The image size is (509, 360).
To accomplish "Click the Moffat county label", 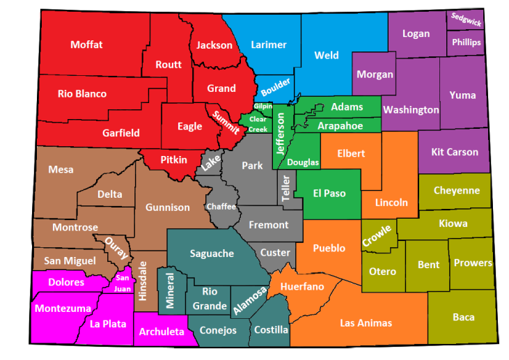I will [x=86, y=45].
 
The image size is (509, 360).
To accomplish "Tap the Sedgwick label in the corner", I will [x=466, y=19].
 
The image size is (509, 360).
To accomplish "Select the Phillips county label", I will [x=466, y=42].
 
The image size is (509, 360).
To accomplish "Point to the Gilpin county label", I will [x=263, y=106].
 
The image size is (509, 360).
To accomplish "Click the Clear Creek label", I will [x=258, y=124].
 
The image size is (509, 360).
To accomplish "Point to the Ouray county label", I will [x=113, y=247].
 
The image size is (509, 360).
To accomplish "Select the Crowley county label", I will [x=377, y=235].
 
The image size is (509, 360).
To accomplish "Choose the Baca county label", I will [x=463, y=317].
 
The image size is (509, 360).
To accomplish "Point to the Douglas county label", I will [x=304, y=162].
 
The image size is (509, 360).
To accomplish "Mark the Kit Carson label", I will [x=455, y=152].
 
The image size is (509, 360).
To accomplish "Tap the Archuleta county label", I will [x=162, y=331].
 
